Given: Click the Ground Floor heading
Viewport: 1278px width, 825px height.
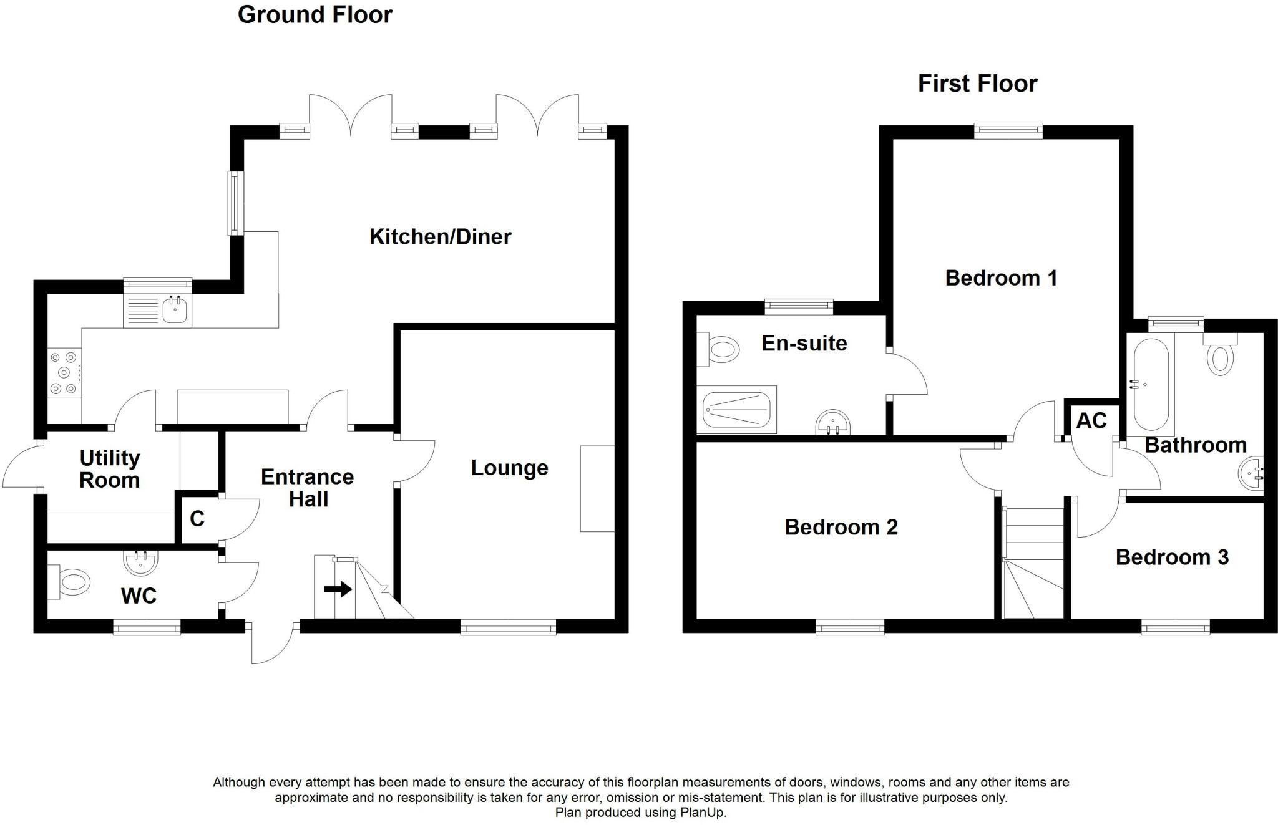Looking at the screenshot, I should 315,15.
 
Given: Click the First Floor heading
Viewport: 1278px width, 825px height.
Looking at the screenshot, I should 977,84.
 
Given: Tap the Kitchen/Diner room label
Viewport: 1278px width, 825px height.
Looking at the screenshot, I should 440,237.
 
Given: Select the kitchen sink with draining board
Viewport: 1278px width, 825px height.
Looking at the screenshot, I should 157,310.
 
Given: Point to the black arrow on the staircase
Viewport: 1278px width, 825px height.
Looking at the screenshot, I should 338,589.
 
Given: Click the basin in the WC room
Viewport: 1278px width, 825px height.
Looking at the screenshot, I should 139,562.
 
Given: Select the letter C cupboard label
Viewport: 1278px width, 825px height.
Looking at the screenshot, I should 197,519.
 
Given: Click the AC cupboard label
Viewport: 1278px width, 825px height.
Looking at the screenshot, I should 1091,421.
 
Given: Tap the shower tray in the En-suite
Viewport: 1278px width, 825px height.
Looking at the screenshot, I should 737,410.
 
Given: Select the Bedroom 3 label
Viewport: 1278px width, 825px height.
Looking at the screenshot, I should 1171,557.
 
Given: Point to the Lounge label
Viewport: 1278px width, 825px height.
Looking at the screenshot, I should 509,468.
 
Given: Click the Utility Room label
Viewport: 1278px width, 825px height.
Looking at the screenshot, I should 110,469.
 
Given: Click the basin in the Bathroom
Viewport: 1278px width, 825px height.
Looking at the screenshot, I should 1251,473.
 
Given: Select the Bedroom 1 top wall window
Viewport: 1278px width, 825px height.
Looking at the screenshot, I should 1008,130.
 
